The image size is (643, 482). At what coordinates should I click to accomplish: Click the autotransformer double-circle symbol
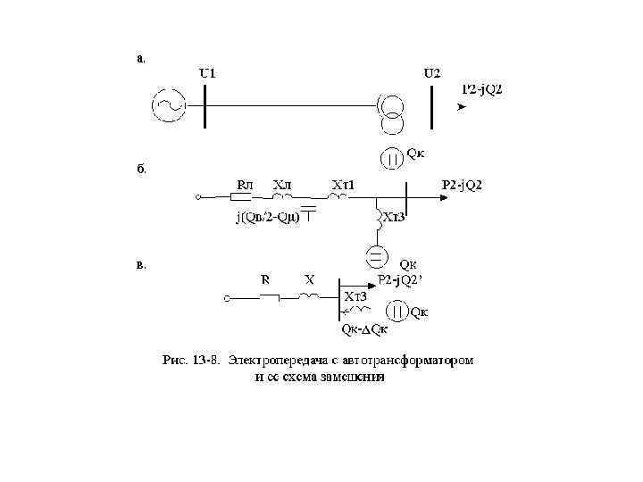[x=390, y=112]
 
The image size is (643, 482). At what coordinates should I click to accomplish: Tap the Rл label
[x=244, y=184]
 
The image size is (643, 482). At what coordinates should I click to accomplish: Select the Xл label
[x=282, y=184]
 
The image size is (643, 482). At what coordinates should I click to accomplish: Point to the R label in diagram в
[x=265, y=279]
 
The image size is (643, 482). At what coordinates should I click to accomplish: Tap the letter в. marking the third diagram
[x=140, y=264]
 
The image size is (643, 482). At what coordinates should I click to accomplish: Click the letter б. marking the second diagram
[x=140, y=167]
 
